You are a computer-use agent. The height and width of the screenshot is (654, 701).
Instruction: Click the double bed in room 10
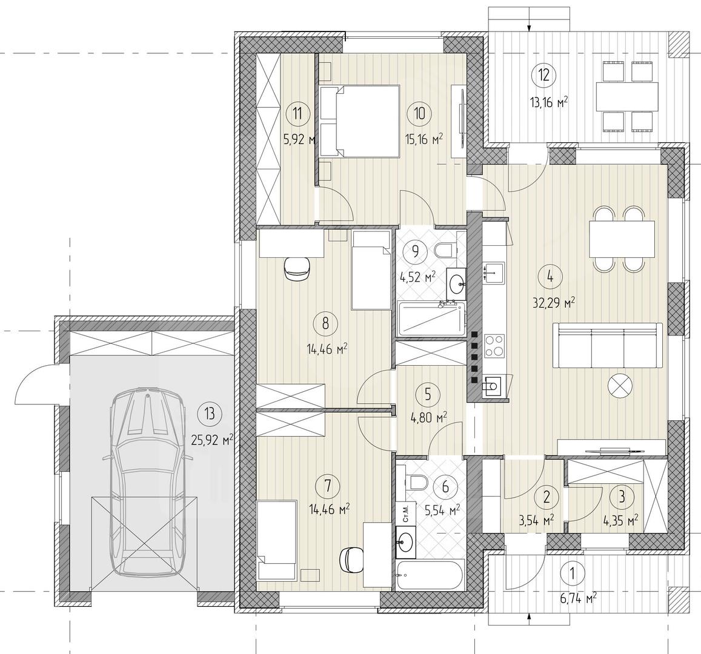click(x=360, y=122)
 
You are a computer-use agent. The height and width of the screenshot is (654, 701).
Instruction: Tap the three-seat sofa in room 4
click(x=608, y=345)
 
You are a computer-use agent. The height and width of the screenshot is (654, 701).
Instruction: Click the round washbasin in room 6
click(x=406, y=542)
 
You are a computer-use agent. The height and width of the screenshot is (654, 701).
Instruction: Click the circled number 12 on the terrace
click(x=543, y=74)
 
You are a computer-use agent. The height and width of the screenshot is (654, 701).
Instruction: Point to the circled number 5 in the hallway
click(x=428, y=394)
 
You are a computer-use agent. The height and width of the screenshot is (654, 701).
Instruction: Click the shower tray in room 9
click(x=430, y=319)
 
